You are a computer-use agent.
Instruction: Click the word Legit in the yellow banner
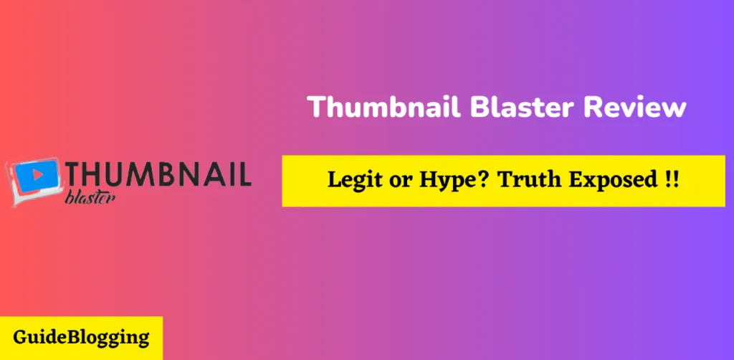click(x=352, y=181)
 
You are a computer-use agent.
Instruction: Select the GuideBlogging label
click(x=80, y=337)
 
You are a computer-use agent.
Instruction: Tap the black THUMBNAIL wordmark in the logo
click(x=157, y=175)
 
